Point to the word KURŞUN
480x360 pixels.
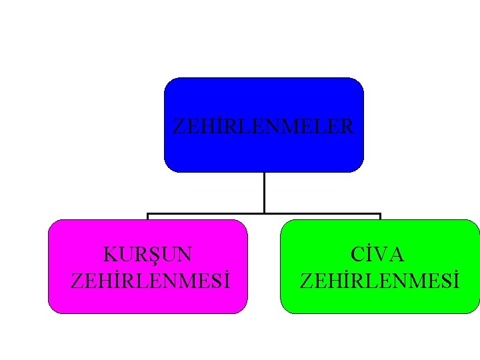tap(148, 255)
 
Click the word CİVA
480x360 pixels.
tap(379, 255)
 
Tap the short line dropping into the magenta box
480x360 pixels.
tap(147, 217)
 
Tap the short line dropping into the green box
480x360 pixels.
tap(380, 217)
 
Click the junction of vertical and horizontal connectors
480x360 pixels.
tap(264, 213)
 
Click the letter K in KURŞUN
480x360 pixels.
tap(111, 255)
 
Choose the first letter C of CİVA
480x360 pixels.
tap(359, 255)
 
